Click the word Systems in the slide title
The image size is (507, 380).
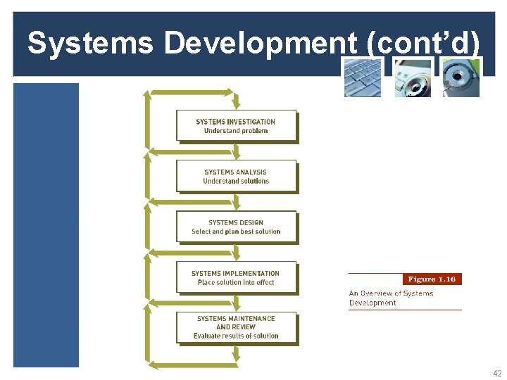89,44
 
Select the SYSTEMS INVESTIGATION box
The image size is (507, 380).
236,126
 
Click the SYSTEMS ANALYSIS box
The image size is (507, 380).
236,177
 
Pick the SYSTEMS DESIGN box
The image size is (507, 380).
236,227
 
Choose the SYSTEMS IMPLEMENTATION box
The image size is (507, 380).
236,277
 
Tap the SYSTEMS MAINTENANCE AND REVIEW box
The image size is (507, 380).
236,327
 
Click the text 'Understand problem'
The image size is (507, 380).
236,131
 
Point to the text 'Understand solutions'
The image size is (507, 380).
236,182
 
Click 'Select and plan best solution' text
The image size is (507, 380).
236,232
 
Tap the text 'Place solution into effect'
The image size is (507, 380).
236,283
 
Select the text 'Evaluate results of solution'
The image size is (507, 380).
236,336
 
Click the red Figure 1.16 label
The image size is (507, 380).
432,279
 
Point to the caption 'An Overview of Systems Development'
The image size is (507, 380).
391,298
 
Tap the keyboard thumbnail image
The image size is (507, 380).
362,77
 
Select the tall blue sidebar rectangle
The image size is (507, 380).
46,225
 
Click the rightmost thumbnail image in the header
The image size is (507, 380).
461,77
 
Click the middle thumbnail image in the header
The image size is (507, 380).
412,77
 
